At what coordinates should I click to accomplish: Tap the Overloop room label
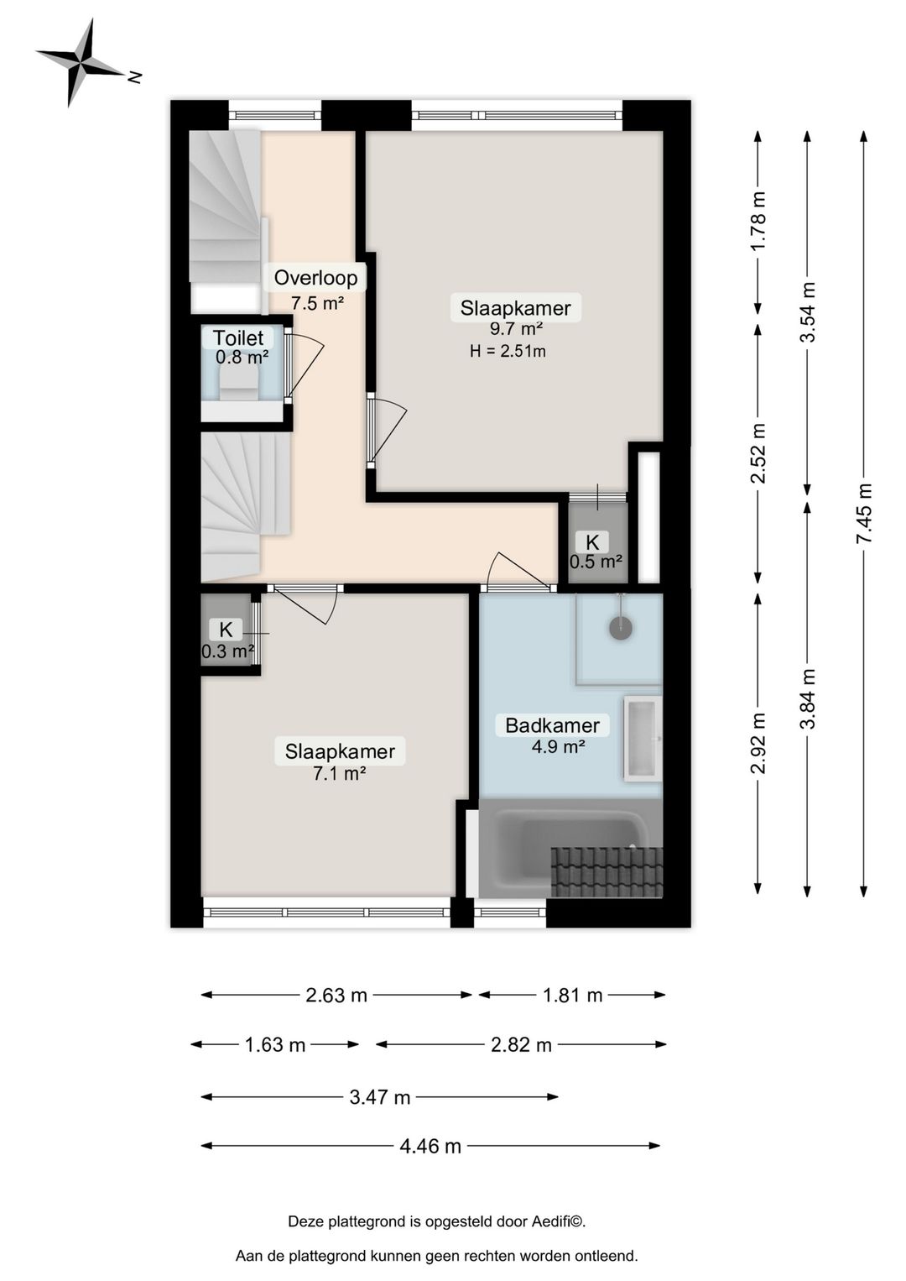pyautogui.click(x=315, y=278)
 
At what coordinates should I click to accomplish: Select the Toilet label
pyautogui.click(x=238, y=337)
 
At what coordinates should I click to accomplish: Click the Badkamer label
pyautogui.click(x=552, y=725)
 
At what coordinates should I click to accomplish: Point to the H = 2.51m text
pyautogui.click(x=508, y=351)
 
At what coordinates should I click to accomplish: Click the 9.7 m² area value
pyautogui.click(x=516, y=329)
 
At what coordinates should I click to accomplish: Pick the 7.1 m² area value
pyautogui.click(x=339, y=773)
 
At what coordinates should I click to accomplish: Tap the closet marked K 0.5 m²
pyautogui.click(x=594, y=551)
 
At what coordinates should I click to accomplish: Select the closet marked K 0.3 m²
pyautogui.click(x=226, y=639)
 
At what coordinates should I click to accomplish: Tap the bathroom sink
pyautogui.click(x=643, y=738)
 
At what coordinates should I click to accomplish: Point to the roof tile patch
pyautogui.click(x=607, y=872)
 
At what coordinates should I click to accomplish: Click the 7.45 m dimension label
pyautogui.click(x=864, y=513)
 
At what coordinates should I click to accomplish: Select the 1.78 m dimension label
pyautogui.click(x=758, y=222)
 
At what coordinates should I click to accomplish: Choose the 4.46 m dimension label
pyautogui.click(x=430, y=1146)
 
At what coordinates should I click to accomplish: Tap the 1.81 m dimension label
pyautogui.click(x=572, y=996)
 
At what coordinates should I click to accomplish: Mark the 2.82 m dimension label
pyautogui.click(x=521, y=1045)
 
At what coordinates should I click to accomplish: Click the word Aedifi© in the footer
pyautogui.click(x=558, y=1221)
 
